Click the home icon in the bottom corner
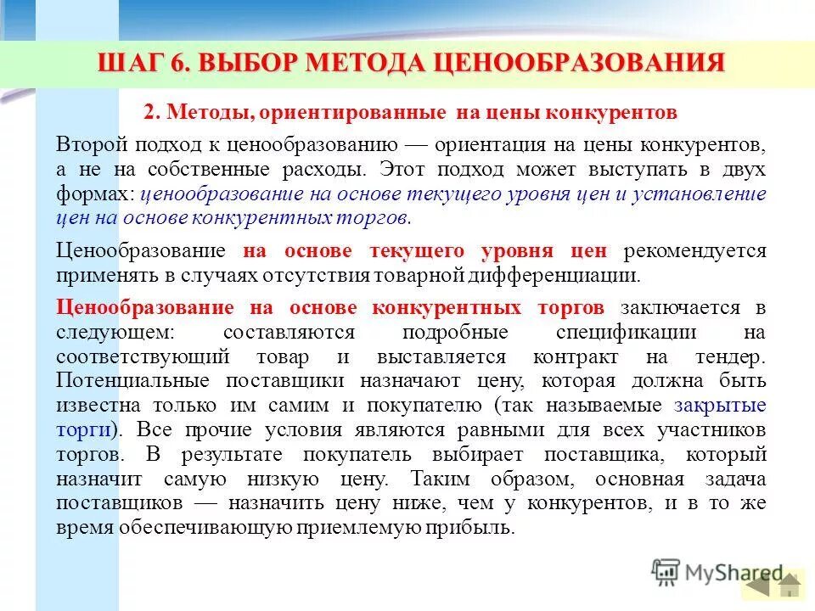(790, 586)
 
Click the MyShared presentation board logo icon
(666, 574)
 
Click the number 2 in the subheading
(148, 113)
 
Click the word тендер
(732, 357)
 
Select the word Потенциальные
(137, 381)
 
